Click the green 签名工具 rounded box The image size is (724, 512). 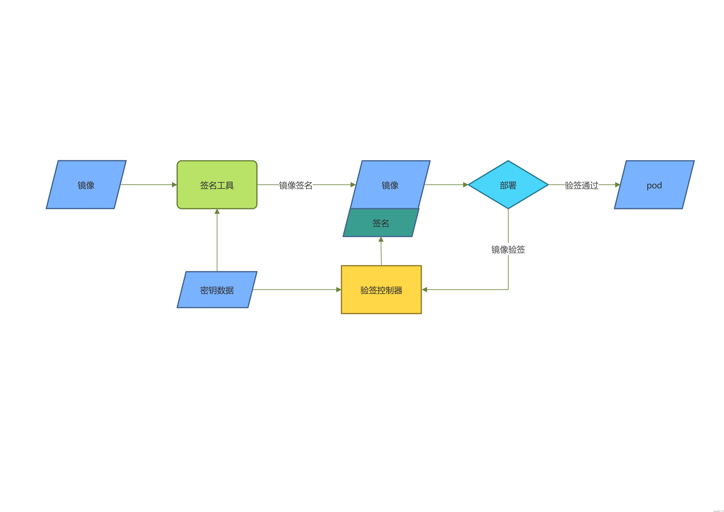(x=217, y=185)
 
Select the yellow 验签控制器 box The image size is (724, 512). (x=381, y=290)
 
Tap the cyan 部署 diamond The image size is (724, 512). (x=508, y=185)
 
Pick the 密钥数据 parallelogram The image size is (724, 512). (x=217, y=290)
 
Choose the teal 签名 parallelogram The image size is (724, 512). (x=381, y=223)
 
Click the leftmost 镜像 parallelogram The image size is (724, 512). (x=86, y=185)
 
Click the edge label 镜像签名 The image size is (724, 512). (x=295, y=185)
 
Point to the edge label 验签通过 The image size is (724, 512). (x=581, y=185)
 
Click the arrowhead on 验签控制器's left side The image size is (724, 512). (x=339, y=290)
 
